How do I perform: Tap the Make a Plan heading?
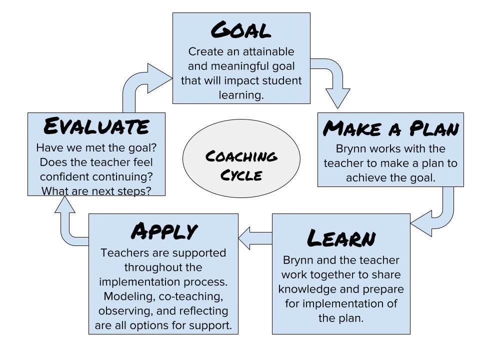coord(390,128)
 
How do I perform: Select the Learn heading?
coord(341,238)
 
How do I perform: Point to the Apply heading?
coord(163,231)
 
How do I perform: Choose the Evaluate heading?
coord(96,126)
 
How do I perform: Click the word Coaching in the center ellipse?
coord(241,156)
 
